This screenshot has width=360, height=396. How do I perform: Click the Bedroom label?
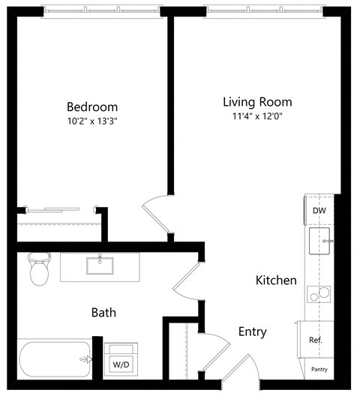91,107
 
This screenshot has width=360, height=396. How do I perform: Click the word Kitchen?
276,280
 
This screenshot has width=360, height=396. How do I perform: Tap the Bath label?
103,312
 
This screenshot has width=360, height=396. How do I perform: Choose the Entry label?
252,331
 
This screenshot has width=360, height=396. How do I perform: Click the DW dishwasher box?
319,211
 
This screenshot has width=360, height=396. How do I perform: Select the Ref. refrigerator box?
316,340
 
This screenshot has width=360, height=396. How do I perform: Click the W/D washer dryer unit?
121,361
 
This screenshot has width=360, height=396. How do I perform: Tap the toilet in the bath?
38,269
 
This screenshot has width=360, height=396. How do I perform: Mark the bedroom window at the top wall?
101,10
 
